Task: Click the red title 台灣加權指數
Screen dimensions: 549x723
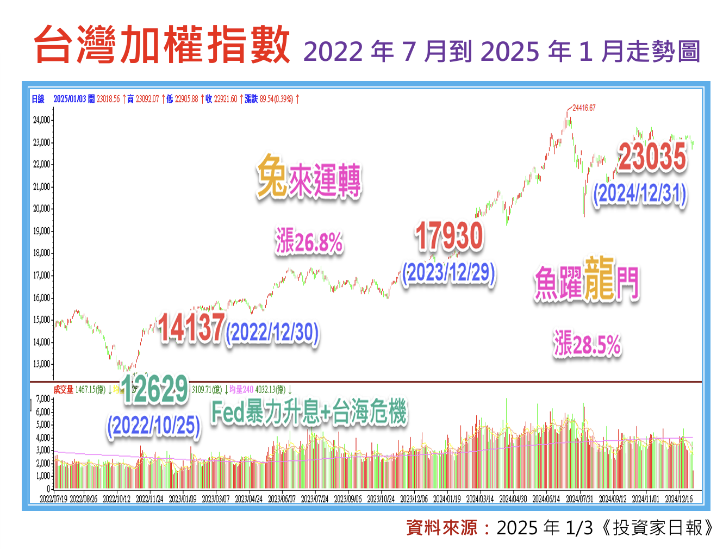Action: [x=162, y=45]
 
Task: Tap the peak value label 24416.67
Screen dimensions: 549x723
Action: [x=584, y=108]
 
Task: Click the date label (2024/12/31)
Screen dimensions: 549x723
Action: [x=640, y=194]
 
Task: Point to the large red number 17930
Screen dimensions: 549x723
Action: [x=449, y=236]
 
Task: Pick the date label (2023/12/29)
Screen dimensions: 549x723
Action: [x=449, y=273]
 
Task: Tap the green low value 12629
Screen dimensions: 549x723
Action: [x=155, y=389]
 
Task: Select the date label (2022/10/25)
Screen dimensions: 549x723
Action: [x=154, y=426]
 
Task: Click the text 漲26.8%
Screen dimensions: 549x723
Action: [x=309, y=241]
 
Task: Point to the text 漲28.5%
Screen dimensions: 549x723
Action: [x=587, y=344]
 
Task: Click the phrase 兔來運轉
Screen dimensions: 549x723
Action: [x=309, y=177]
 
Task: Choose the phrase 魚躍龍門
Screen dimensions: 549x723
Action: [x=586, y=280]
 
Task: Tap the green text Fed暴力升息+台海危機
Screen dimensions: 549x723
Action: [x=309, y=412]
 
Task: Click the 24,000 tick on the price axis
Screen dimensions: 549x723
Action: [x=41, y=120]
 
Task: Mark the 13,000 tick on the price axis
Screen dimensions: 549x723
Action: [x=41, y=364]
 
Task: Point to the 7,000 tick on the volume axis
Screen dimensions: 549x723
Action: [x=43, y=399]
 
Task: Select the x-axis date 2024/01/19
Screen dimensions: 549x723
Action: [x=447, y=499]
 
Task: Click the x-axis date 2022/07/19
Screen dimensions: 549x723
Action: [x=53, y=499]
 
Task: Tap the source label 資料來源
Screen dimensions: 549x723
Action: [x=441, y=527]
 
